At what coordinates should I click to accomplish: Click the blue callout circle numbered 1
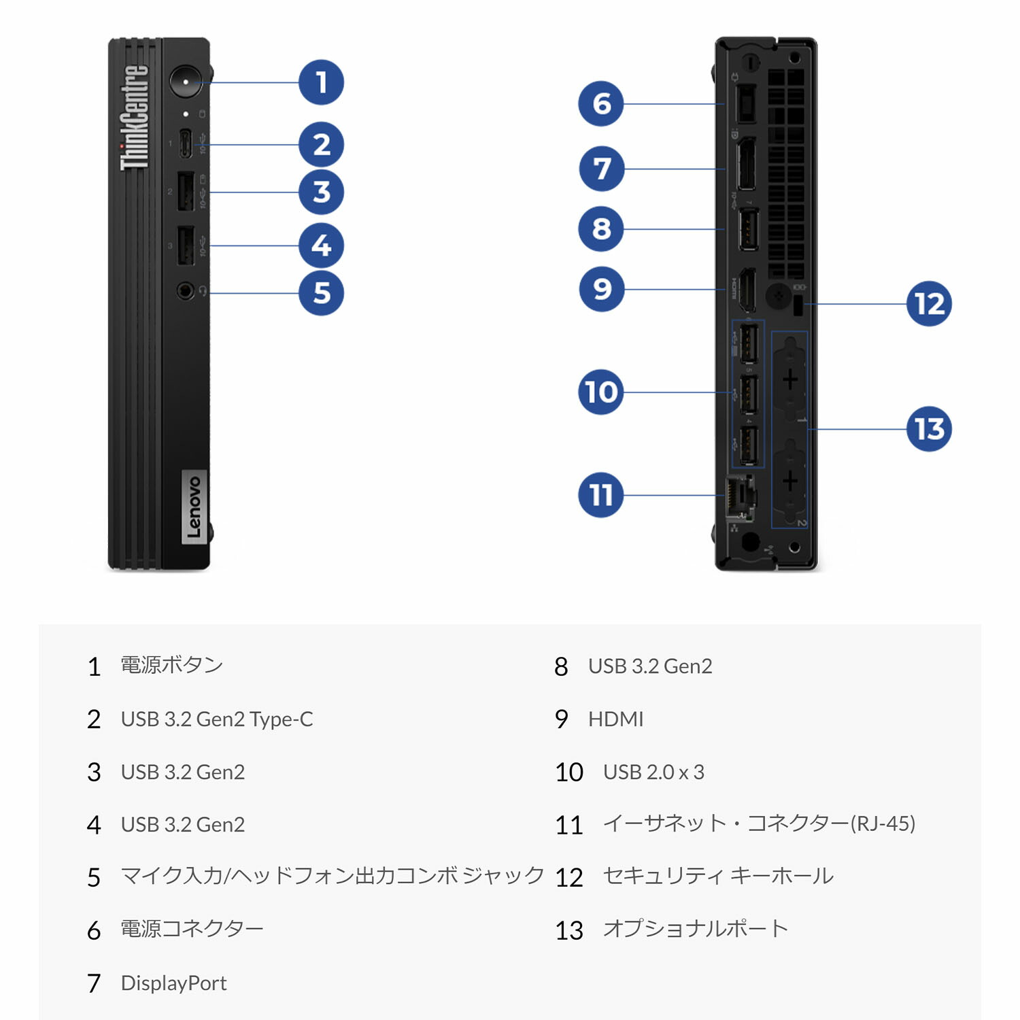(x=321, y=82)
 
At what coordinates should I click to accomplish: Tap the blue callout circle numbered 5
(x=321, y=293)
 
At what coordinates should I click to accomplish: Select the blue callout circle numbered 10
(x=600, y=392)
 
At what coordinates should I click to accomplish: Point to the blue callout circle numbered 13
(x=929, y=429)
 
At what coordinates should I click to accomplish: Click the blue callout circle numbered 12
(x=929, y=304)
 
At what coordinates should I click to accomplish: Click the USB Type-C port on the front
(x=185, y=143)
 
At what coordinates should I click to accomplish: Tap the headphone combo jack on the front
(x=185, y=291)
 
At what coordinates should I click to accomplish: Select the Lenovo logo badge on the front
(x=194, y=507)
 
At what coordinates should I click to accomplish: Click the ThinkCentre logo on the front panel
(x=135, y=118)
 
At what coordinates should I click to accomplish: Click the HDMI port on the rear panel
(x=747, y=290)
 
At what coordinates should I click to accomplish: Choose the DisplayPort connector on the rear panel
(x=747, y=164)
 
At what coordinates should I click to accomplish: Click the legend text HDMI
(x=615, y=719)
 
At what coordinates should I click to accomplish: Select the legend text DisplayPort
(x=173, y=983)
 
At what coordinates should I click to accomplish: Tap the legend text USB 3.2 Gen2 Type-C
(x=217, y=719)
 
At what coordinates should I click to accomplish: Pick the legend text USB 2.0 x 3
(x=653, y=772)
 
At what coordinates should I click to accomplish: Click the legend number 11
(x=568, y=825)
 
